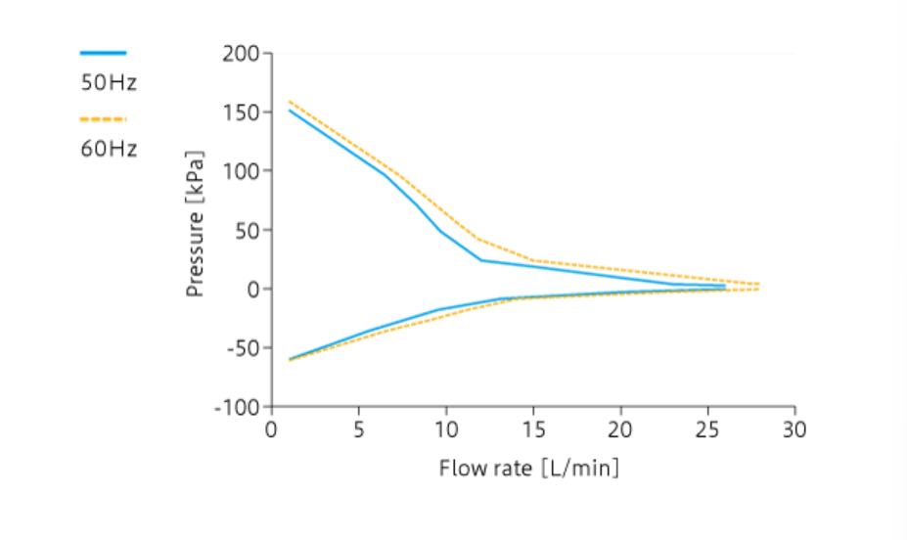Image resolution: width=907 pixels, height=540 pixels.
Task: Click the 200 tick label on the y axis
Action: (x=240, y=54)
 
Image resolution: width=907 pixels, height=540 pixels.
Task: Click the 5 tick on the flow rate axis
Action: (x=359, y=429)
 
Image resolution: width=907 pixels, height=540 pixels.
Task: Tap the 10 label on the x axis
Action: (x=446, y=429)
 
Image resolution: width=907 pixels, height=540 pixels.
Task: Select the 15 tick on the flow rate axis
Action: (x=533, y=429)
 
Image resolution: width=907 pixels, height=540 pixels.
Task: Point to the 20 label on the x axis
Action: (x=620, y=429)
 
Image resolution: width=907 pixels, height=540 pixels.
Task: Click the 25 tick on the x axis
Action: (x=707, y=429)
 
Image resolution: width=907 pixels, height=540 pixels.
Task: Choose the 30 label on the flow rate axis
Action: (x=794, y=429)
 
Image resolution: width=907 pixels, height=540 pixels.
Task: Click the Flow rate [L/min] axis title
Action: (x=529, y=468)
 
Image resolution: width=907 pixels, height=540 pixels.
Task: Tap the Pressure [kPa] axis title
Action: (x=196, y=224)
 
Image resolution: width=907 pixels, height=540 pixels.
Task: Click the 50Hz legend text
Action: (x=109, y=83)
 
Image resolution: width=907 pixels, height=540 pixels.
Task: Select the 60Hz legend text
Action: (x=109, y=149)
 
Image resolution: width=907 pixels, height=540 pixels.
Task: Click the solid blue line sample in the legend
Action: (x=103, y=53)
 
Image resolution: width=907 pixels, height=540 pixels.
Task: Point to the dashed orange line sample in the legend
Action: (x=103, y=119)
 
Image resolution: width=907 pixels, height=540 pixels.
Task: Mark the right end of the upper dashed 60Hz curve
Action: (x=759, y=285)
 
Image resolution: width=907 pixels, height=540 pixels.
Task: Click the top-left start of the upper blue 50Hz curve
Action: (x=290, y=110)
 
